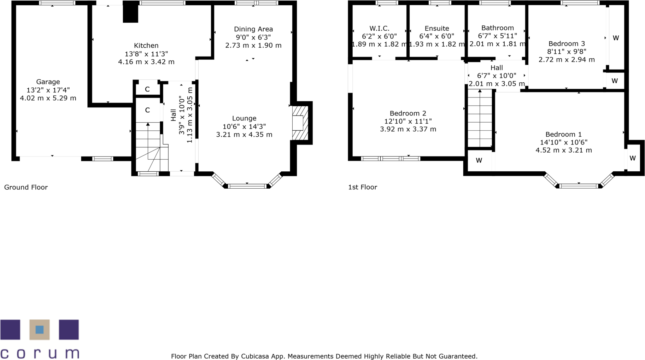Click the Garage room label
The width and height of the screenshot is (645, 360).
coord(48,82)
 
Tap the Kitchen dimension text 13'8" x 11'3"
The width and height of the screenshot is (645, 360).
coord(146,54)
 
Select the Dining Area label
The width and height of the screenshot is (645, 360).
coord(253,29)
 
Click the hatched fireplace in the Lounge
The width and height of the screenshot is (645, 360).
coord(299,123)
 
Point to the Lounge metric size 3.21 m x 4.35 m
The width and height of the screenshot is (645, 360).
coord(244,135)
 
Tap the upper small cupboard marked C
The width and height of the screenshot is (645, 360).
coord(147,89)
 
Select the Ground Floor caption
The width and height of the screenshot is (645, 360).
coord(26,187)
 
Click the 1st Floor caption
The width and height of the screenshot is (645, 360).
coord(362,187)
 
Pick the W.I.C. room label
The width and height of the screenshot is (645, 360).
coord(379,28)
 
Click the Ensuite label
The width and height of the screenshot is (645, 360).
coord(437,28)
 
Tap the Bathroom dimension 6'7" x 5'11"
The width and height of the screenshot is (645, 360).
coord(497,36)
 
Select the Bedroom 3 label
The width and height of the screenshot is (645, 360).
coord(566,43)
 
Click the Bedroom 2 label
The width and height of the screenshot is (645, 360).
coord(407,113)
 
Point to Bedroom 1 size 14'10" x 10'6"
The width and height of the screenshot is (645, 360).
coord(563,142)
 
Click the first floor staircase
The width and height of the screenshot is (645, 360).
coord(480,118)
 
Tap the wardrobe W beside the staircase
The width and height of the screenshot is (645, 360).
coord(479,160)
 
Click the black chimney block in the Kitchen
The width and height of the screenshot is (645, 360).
coord(130,12)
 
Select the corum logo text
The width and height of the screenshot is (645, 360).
coord(40,353)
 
